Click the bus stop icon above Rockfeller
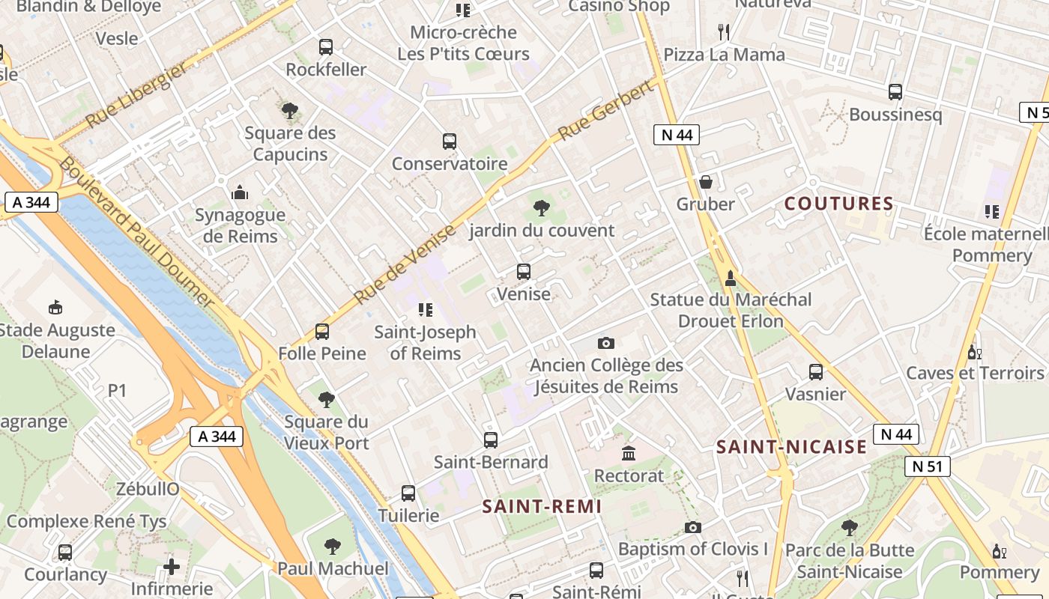(x=326, y=47)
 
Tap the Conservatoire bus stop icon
(x=450, y=142)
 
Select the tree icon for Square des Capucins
(x=290, y=111)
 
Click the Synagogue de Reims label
(x=240, y=225)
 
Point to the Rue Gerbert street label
(x=607, y=112)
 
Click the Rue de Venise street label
(x=404, y=264)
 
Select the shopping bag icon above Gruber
(x=705, y=182)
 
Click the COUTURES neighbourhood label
(x=838, y=204)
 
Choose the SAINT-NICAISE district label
(x=791, y=447)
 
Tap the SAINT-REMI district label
(x=542, y=506)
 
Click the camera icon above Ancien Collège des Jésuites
(x=606, y=343)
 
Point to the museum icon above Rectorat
(x=629, y=454)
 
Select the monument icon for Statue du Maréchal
(x=731, y=279)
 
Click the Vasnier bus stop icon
(x=816, y=372)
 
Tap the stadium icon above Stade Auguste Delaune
(x=55, y=307)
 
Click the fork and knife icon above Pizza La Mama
(x=724, y=32)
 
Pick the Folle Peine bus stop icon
(x=322, y=331)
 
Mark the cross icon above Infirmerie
(x=172, y=566)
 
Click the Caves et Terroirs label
(x=975, y=373)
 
